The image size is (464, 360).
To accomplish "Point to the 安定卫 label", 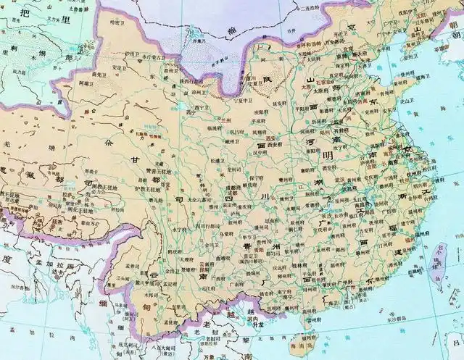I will pyautogui.click(x=121, y=68).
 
